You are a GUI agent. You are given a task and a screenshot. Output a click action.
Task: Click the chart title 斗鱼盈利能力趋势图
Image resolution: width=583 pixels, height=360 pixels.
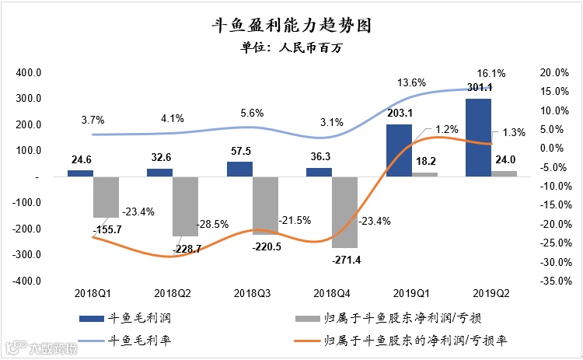tap(291, 25)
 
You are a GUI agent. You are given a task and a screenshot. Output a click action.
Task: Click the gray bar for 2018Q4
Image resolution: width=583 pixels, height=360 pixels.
tap(344, 211)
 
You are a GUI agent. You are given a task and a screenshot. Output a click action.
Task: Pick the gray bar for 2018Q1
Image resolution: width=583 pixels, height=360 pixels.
tap(106, 197)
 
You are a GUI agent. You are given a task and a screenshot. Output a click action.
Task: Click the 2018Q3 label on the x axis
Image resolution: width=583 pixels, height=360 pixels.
tap(253, 293)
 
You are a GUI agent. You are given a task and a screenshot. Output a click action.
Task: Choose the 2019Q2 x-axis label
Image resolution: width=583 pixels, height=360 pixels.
tap(491, 293)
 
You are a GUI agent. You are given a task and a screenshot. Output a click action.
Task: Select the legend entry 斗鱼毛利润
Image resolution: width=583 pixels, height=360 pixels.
tap(133, 319)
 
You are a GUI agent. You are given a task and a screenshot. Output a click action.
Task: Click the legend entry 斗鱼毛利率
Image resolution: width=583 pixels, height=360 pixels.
tap(133, 339)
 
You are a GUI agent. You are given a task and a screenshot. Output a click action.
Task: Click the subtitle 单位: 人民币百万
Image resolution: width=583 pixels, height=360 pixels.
tap(291, 48)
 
